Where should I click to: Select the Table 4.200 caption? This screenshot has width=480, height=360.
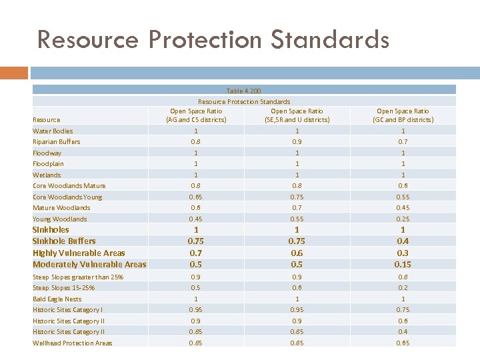pyautogui.click(x=244, y=91)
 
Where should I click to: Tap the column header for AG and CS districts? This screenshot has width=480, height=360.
pyautogui.click(x=196, y=115)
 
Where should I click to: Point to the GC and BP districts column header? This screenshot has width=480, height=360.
pyautogui.click(x=403, y=115)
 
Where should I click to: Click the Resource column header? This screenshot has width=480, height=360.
pyautogui.click(x=46, y=120)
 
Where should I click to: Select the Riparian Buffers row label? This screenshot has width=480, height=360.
pyautogui.click(x=56, y=142)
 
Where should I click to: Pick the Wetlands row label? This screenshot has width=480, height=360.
pyautogui.click(x=47, y=175)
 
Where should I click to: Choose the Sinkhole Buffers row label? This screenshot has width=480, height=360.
pyautogui.click(x=64, y=241)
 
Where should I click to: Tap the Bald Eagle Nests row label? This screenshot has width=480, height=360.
pyautogui.click(x=57, y=299)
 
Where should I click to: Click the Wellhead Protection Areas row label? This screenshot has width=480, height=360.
pyautogui.click(x=72, y=343)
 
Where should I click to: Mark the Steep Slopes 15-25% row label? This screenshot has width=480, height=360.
pyautogui.click(x=63, y=288)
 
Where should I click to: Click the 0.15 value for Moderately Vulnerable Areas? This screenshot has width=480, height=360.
pyautogui.click(x=403, y=265)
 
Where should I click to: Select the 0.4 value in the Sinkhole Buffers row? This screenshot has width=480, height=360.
pyautogui.click(x=403, y=241)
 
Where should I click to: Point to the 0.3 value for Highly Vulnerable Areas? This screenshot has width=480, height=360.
pyautogui.click(x=403, y=253)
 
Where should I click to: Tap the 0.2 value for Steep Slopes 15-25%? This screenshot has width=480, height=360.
pyautogui.click(x=403, y=288)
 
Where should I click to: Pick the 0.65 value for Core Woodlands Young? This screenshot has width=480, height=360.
pyautogui.click(x=196, y=197)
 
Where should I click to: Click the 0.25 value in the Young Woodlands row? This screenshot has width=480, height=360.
pyautogui.click(x=403, y=219)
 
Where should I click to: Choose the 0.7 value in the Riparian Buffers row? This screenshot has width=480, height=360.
pyautogui.click(x=403, y=142)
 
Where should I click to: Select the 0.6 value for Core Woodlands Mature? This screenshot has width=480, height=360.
pyautogui.click(x=403, y=186)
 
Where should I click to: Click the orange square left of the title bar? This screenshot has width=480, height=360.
pyautogui.click(x=14, y=72)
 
